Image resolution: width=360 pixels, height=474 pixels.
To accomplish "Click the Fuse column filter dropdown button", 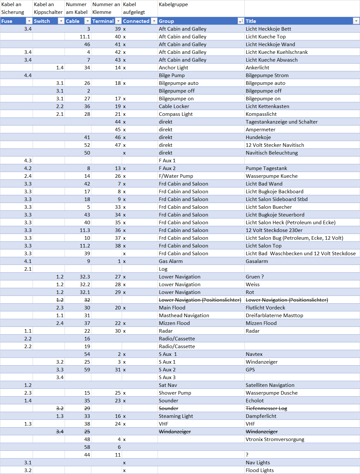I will click(x=29, y=21).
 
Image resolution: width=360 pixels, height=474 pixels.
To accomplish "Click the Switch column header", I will click(x=42, y=21).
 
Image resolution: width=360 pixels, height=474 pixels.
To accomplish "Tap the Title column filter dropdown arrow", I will click(x=356, y=21).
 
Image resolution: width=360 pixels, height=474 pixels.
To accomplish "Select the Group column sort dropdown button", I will click(x=241, y=21).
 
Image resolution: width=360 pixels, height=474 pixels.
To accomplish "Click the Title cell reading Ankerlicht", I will click(x=257, y=67).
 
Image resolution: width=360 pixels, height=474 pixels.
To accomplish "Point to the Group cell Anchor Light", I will click(x=173, y=67).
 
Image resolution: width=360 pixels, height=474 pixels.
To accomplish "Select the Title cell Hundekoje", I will click(x=258, y=137).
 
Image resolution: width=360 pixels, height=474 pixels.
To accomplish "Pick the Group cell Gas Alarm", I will click(x=170, y=261).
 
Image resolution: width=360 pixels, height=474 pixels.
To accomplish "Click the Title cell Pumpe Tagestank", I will click(x=266, y=168).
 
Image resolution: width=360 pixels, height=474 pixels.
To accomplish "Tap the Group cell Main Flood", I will click(x=172, y=308).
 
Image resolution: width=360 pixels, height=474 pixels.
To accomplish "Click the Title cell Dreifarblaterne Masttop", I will click(x=274, y=315).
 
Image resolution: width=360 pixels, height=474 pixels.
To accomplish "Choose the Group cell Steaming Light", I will click(x=176, y=416).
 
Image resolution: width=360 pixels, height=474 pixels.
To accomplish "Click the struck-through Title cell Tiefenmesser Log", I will click(x=266, y=408).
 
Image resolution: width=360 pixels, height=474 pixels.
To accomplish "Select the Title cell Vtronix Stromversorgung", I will click(x=275, y=439).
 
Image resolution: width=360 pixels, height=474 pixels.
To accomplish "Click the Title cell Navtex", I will click(x=254, y=354).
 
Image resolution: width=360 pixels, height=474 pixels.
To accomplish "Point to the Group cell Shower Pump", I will click(x=175, y=393).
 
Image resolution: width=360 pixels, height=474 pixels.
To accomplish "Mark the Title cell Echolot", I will click(x=254, y=400).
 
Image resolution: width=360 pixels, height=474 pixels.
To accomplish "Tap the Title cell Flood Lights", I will click(x=260, y=470).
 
